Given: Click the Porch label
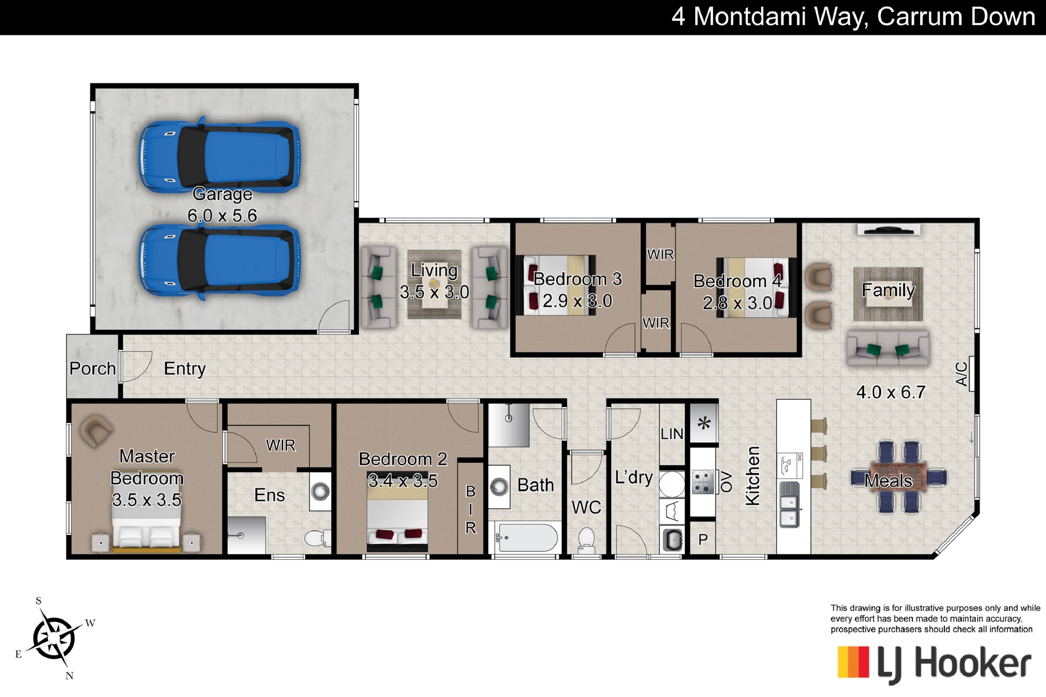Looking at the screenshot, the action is coord(92,368).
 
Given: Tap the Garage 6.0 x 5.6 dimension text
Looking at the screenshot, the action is coord(222,216).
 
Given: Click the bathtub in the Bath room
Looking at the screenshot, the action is coord(526,538).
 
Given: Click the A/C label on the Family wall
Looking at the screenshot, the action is coord(961,374).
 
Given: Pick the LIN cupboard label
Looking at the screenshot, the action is coord(672,434).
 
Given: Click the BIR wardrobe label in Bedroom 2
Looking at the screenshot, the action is coord(470,510).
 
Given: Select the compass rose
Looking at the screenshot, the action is coord(54,639).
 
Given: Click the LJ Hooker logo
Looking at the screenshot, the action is coord(934,664).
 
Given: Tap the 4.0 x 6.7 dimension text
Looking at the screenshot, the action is coord(891,392).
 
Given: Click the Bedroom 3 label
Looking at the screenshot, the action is coord(577,279).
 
